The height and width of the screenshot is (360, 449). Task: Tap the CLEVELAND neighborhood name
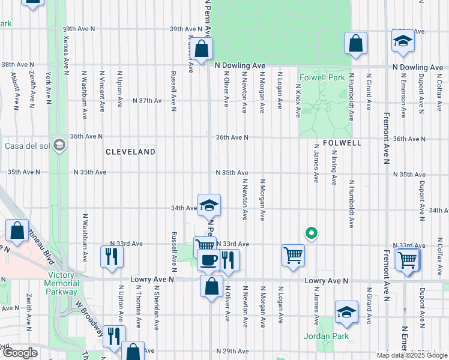[130, 152]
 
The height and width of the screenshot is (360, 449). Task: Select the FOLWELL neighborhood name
[341, 143]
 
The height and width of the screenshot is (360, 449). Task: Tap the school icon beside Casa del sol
[59, 145]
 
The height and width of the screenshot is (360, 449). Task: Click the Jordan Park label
[326, 336]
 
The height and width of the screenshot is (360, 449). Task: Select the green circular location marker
[311, 233]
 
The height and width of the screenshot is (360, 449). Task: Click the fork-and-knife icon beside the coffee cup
[228, 259]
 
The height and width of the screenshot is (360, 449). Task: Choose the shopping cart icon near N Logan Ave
[293, 255]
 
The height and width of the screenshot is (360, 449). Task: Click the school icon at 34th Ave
[208, 205]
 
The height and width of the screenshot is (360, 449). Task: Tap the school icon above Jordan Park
[346, 311]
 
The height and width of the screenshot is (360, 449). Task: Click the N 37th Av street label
[147, 100]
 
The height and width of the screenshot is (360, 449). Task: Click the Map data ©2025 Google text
[412, 355]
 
